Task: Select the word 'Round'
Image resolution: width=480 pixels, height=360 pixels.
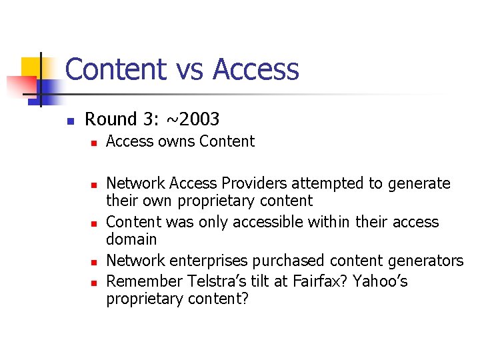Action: [111, 119]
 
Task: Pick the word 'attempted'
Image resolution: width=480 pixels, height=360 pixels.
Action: [318, 183]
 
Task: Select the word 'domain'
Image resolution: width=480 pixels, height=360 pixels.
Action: [131, 239]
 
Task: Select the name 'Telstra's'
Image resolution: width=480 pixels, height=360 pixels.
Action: [202, 282]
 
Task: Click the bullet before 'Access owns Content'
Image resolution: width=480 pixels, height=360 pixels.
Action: [94, 143]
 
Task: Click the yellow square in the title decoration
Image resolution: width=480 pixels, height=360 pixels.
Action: [31, 67]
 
